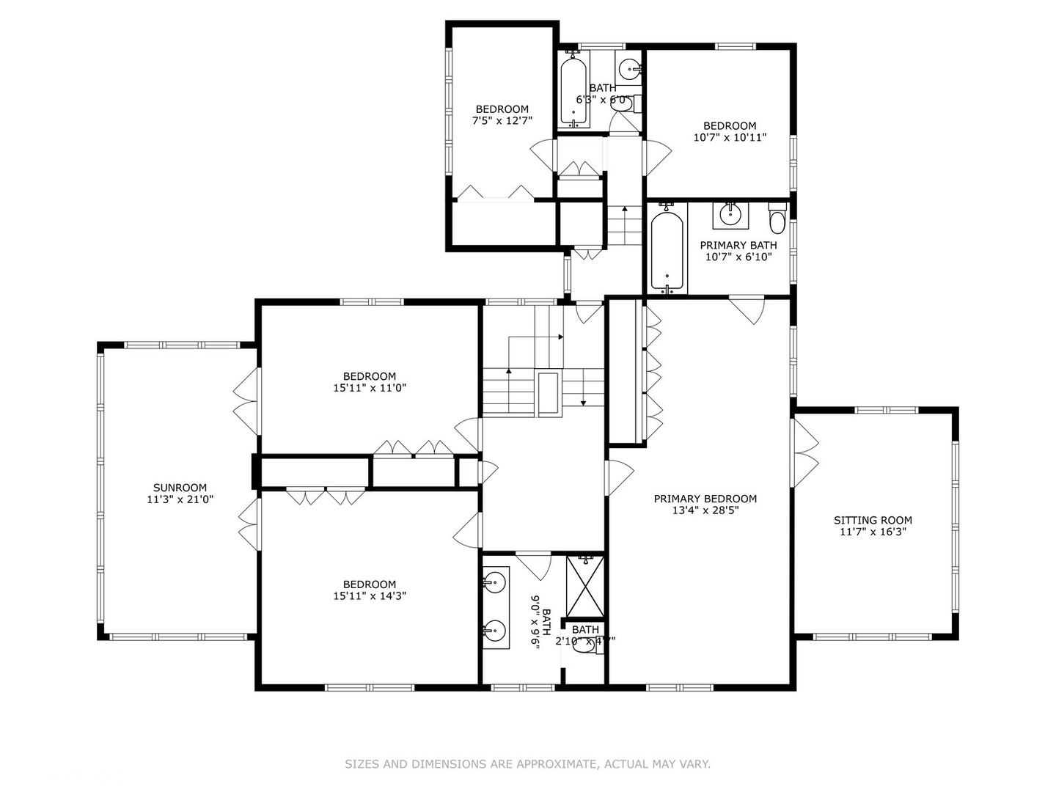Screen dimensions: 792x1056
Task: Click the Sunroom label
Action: tap(180, 488)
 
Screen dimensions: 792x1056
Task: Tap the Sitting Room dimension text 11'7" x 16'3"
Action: tap(873, 532)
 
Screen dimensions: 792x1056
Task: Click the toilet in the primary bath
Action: tap(777, 219)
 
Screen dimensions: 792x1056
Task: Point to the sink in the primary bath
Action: tap(730, 214)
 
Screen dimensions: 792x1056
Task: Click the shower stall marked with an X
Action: tap(586, 586)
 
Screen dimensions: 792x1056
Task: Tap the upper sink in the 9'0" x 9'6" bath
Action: tap(495, 584)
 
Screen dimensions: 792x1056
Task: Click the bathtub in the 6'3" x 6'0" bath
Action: tap(573, 91)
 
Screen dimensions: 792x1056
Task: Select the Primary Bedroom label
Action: tap(705, 499)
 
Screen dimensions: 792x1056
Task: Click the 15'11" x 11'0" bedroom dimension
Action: tap(370, 388)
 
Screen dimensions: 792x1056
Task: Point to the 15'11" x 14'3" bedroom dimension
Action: tap(370, 596)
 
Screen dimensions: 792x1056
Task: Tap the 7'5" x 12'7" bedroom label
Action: tap(502, 109)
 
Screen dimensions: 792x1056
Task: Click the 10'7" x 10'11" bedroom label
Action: tap(730, 125)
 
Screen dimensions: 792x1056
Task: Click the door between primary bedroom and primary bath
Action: tap(749, 309)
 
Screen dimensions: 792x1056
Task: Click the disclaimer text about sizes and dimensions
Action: tap(527, 764)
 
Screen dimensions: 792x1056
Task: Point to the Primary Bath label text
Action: tap(738, 245)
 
